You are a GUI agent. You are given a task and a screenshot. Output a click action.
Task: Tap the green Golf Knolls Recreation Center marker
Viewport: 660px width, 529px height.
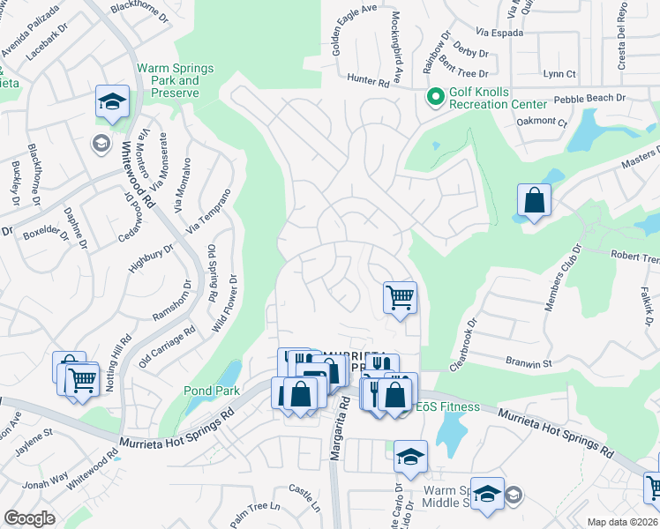tap(435, 97)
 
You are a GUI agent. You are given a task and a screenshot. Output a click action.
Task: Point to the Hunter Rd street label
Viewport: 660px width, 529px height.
tap(367, 79)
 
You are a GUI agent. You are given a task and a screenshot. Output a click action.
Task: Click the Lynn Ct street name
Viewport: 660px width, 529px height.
tap(559, 74)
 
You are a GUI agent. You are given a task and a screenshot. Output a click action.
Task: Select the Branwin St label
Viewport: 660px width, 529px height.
tap(529, 362)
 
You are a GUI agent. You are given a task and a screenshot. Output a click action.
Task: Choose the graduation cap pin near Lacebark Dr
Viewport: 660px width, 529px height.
tap(112, 102)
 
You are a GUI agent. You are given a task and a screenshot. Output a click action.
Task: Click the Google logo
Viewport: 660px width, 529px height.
tap(29, 518)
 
